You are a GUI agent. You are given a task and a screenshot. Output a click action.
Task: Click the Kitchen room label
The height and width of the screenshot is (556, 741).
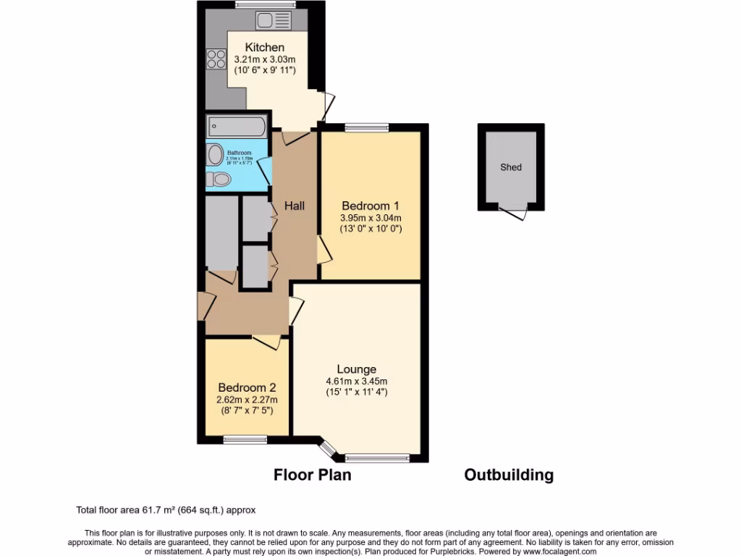(x=258, y=48)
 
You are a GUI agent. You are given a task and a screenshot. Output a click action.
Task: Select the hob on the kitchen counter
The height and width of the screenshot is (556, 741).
(x=216, y=57)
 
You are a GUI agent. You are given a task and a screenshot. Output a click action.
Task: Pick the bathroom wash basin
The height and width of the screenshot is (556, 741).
(x=215, y=154)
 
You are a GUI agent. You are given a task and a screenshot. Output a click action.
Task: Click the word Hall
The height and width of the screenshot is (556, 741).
(x=294, y=206)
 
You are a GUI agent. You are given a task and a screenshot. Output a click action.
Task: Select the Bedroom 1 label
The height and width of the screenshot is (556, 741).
(x=370, y=205)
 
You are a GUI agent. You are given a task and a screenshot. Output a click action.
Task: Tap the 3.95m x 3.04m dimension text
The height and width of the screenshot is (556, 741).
(x=370, y=217)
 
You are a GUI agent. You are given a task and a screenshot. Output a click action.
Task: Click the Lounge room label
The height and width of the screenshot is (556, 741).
(x=356, y=369)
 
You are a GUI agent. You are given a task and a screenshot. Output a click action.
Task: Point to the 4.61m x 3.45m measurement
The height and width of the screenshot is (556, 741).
(x=356, y=382)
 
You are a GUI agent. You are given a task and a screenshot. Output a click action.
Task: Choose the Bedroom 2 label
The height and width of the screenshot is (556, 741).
(x=247, y=387)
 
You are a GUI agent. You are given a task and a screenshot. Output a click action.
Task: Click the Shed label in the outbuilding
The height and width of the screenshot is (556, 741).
(x=511, y=167)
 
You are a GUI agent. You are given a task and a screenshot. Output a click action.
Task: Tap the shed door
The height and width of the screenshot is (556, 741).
(x=515, y=212)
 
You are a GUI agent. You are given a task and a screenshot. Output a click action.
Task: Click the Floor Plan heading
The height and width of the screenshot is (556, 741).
(x=312, y=475)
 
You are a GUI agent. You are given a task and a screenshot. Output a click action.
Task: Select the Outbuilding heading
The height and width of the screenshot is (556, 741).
(x=509, y=475)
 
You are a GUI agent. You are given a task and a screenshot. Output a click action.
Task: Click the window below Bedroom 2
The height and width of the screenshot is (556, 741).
(x=245, y=439)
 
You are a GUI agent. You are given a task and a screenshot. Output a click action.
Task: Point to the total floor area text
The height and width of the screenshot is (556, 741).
(x=166, y=510)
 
